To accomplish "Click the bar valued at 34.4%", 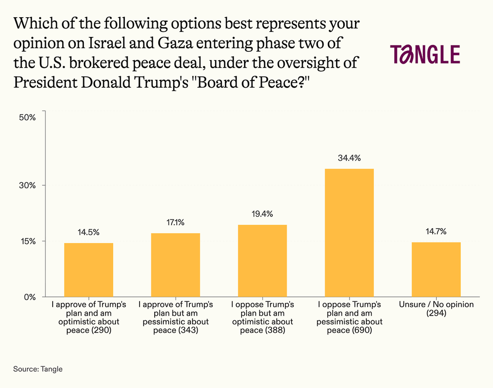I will (349, 233).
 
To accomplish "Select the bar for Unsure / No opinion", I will (436, 269).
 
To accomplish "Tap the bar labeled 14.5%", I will (89, 270).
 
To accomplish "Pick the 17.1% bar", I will (176, 265).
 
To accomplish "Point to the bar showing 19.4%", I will (262, 261).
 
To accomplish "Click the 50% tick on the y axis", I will (28, 117).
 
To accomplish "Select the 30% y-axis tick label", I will (28, 185).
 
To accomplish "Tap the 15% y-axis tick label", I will (28, 241).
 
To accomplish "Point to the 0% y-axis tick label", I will (30, 297).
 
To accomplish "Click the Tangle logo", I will (424, 54).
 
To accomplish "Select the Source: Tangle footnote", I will (38, 369).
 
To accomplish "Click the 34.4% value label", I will (349, 159).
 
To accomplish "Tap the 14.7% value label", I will (436, 232).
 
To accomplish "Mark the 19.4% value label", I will (262, 214).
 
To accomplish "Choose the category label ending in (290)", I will (89, 317).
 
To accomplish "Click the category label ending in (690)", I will (349, 317).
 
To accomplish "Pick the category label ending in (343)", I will (176, 317).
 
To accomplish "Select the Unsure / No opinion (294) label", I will (436, 309).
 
